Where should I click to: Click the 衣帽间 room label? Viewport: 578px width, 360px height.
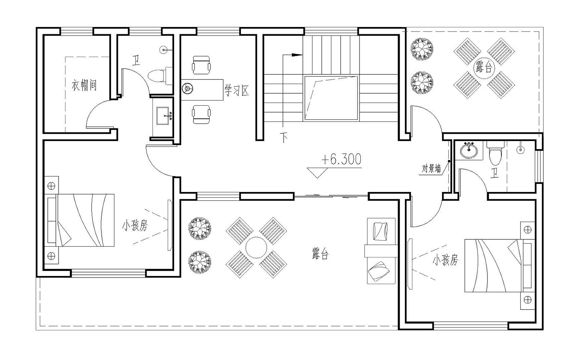(84, 85)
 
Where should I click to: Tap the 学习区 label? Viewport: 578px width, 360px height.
(237, 90)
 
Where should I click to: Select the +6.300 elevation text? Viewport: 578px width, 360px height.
(341, 159)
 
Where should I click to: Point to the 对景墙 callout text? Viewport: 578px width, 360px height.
(431, 169)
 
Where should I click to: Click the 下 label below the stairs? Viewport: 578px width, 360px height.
(284, 138)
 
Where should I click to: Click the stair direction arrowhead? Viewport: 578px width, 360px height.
(297, 55)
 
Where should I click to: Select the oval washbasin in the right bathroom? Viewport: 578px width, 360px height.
(469, 150)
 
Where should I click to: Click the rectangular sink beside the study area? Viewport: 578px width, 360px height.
(163, 116)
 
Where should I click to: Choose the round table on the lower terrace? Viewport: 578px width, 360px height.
(256, 247)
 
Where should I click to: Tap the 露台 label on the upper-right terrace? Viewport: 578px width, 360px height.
(484, 67)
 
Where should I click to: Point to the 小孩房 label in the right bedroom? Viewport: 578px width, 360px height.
(445, 260)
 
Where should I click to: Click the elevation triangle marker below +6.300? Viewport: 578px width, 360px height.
(317, 173)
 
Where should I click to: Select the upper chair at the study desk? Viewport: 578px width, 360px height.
(201, 65)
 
